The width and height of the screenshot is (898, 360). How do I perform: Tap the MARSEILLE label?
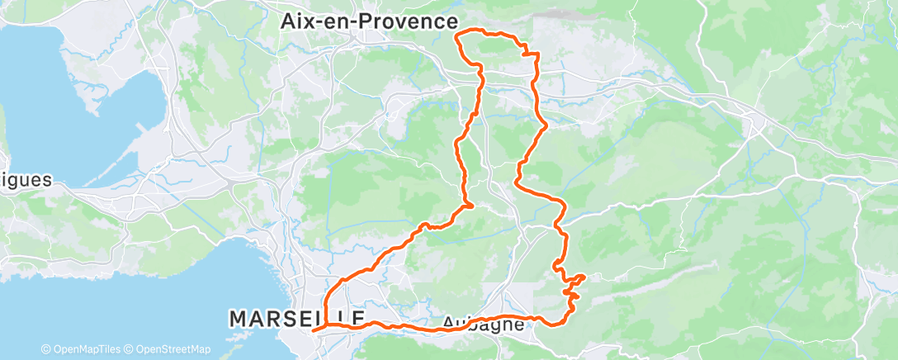point(297,318)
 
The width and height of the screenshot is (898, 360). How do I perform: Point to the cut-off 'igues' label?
point(26,179)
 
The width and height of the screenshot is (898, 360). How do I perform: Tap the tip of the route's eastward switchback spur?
point(584,276)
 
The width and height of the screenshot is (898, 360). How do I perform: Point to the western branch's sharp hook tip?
point(471,205)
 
